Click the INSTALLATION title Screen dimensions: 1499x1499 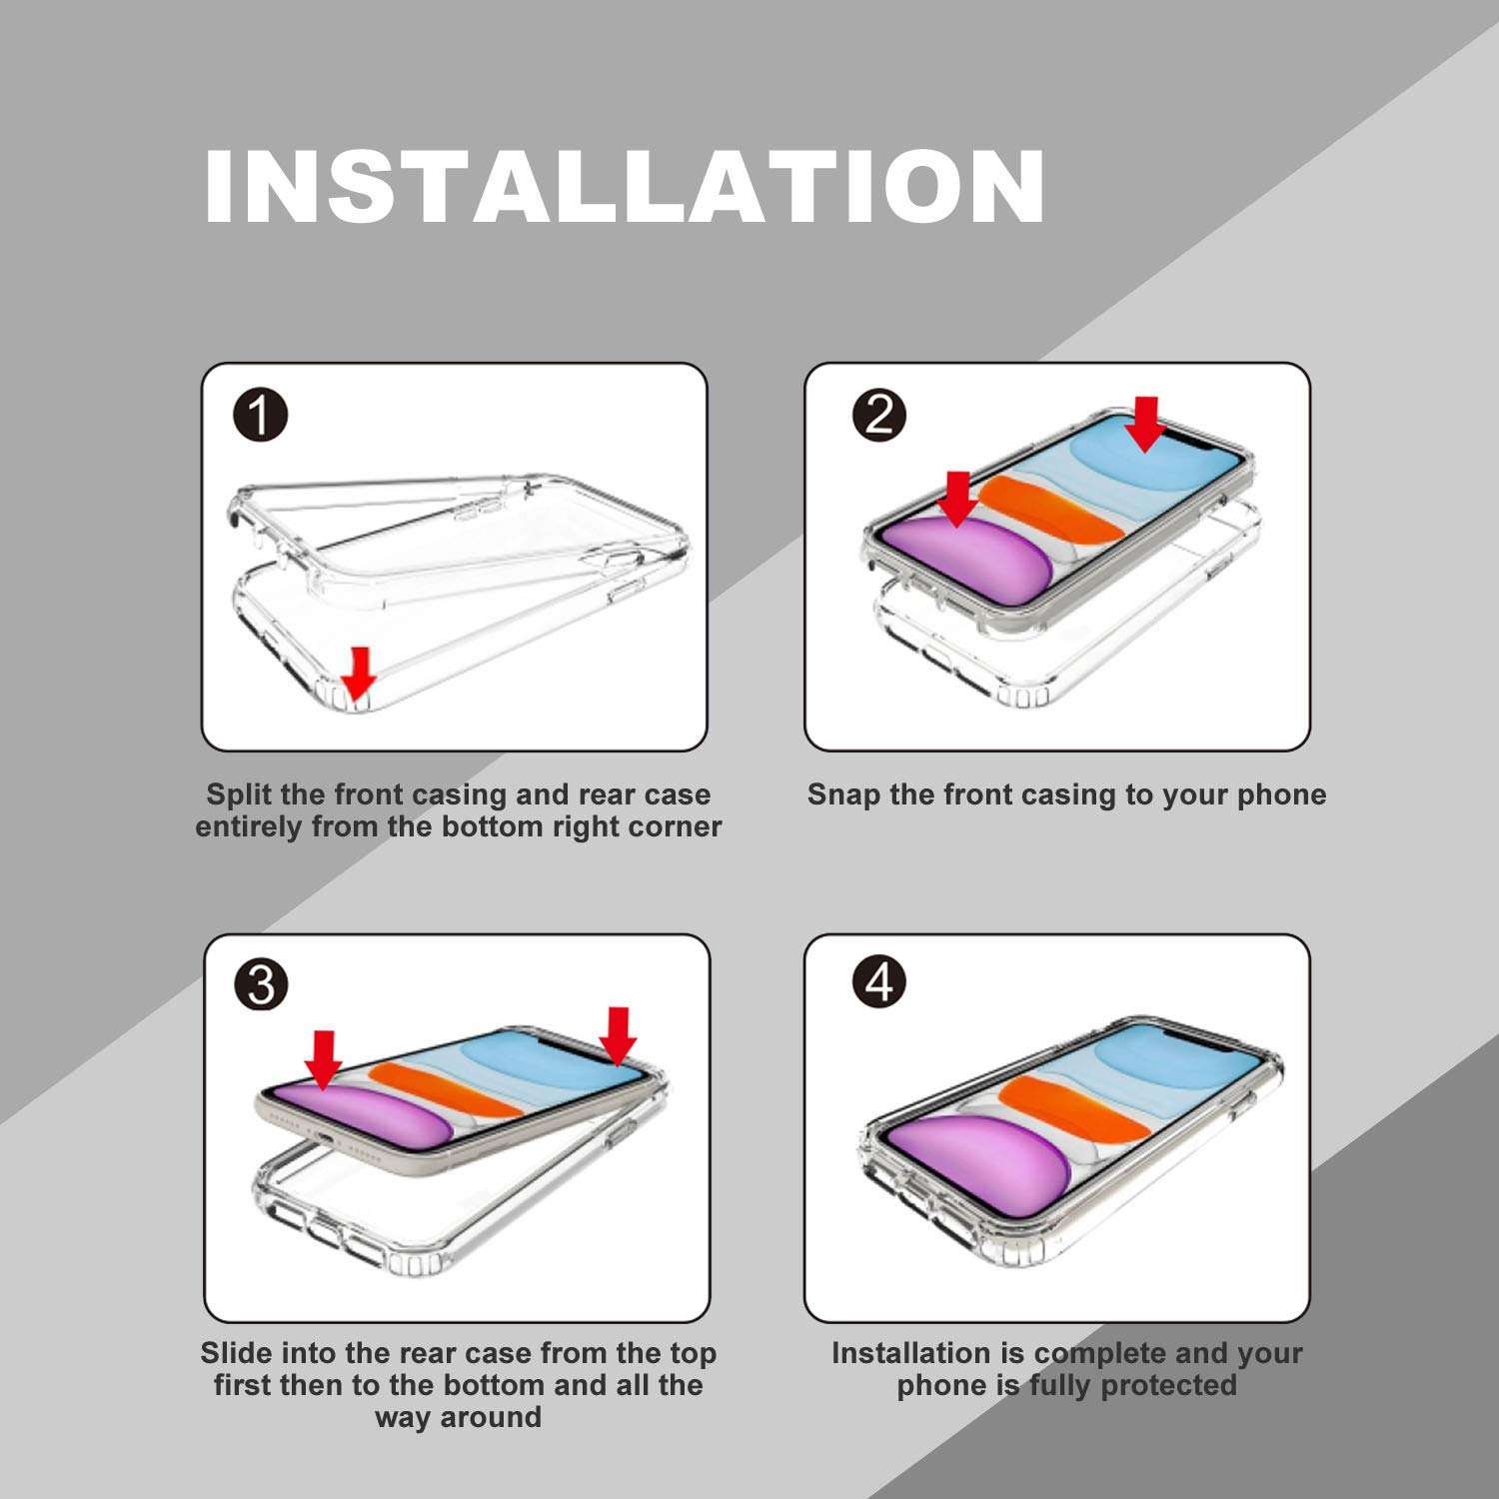click(625, 186)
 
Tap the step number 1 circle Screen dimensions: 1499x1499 click(260, 415)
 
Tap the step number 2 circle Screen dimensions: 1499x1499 click(879, 413)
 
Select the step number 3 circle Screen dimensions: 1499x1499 click(261, 984)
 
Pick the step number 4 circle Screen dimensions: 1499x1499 click(879, 982)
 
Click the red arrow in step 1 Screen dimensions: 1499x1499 click(358, 670)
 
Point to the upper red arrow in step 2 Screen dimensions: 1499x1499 click(1145, 424)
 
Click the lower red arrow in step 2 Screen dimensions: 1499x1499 click(957, 499)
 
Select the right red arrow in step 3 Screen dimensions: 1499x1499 click(618, 1036)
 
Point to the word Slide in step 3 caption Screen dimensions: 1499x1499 click(238, 1353)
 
